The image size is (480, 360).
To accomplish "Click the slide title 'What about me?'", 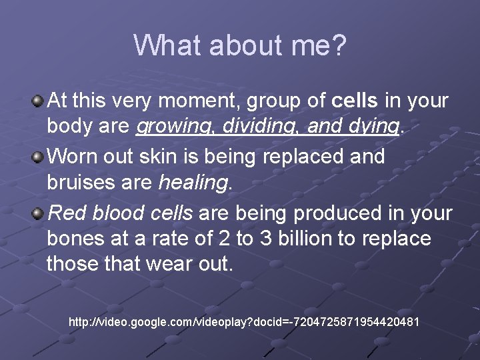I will coord(240,45).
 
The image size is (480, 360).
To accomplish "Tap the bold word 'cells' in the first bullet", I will coord(355,101).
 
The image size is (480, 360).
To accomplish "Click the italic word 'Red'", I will coord(64,213).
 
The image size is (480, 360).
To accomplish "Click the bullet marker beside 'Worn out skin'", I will coord(39,157).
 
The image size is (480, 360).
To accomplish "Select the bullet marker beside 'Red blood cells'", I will coord(39,213).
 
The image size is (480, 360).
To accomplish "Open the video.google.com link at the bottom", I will coord(244,322).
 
